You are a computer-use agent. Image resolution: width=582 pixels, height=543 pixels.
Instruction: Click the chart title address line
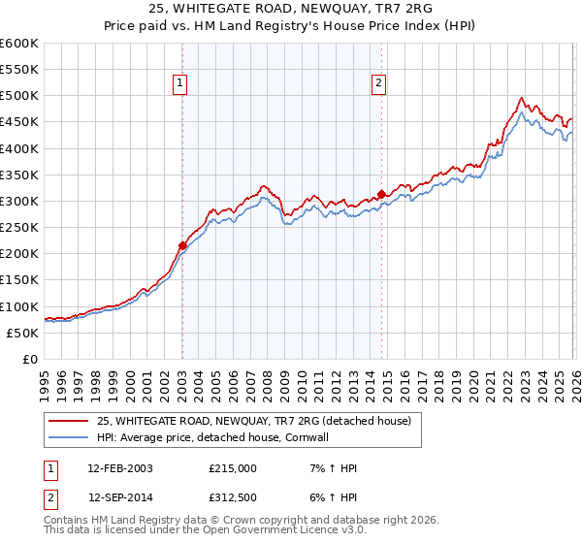290,9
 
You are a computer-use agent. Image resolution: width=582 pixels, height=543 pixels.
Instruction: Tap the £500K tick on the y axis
18,96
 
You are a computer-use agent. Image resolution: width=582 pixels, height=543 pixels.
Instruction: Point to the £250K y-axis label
18,228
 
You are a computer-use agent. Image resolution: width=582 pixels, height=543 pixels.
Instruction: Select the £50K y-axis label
22,333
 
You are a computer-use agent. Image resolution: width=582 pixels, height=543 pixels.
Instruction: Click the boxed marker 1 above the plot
181,84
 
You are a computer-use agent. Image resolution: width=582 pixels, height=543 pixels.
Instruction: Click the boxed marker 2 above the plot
377,84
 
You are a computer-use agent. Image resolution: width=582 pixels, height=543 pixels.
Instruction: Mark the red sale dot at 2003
182,245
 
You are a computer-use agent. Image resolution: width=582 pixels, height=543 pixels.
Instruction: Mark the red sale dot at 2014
381,194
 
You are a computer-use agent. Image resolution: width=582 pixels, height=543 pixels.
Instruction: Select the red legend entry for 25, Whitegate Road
254,421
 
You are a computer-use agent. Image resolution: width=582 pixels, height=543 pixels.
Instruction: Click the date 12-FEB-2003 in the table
120,468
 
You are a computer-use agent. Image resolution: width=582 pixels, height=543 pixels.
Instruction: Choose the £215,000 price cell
233,468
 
